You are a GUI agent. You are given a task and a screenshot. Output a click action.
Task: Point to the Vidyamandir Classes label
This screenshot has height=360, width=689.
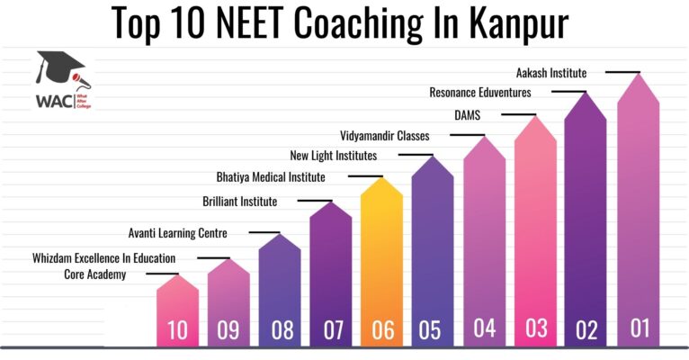pyautogui.click(x=385, y=136)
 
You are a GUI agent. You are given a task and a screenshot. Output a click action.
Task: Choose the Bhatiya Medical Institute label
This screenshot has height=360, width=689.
pyautogui.click(x=271, y=176)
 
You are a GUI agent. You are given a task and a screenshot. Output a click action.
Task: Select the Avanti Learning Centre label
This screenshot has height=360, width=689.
pyautogui.click(x=178, y=233)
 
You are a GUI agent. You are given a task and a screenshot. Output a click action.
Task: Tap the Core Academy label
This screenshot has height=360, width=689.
pyautogui.click(x=94, y=274)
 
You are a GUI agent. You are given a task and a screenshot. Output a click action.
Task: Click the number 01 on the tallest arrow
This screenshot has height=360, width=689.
pyautogui.click(x=640, y=328)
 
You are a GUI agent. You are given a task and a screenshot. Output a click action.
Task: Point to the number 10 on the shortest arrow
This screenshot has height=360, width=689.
pyautogui.click(x=177, y=330)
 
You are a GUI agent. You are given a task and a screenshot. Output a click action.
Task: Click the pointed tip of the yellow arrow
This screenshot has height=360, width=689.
pyautogui.click(x=382, y=178)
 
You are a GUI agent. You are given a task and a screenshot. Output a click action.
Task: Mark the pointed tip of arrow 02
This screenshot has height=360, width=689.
pyautogui.click(x=587, y=94)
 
